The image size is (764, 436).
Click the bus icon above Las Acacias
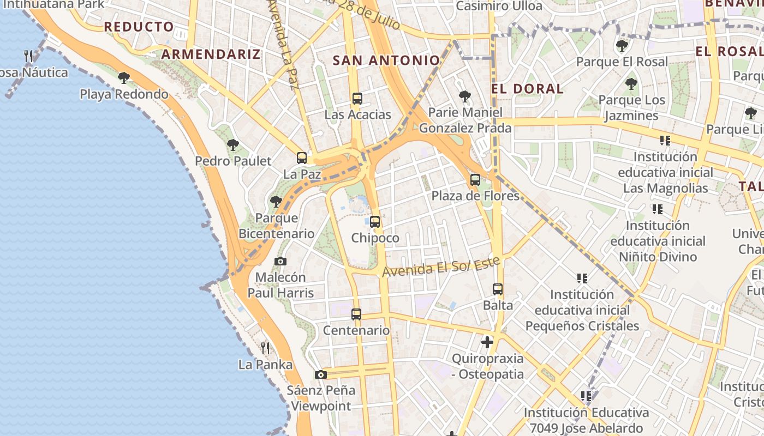coord(357,99)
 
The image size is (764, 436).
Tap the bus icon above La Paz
coord(302,158)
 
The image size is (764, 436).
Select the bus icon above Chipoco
coord(375,222)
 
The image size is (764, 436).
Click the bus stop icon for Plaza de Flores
coord(475,179)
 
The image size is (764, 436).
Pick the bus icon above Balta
coord(498,289)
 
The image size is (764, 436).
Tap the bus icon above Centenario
coord(356,314)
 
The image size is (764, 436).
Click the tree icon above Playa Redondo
coord(124,78)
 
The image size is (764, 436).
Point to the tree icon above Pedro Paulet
coord(233,145)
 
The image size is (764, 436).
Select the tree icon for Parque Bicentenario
coord(276,202)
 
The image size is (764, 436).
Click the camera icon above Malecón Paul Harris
coord(280,261)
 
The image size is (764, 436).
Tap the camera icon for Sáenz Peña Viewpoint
coord(321,374)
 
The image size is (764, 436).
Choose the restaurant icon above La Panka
coord(265,348)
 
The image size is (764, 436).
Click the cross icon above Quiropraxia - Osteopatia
coord(487,342)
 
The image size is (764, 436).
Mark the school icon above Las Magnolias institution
coord(665,141)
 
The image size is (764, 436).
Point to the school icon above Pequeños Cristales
coord(582,278)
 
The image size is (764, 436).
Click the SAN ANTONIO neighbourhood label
coord(386,60)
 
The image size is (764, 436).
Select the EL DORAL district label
coord(527,89)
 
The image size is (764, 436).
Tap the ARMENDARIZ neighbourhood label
coord(211,54)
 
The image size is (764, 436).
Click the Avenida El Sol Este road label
coord(441,267)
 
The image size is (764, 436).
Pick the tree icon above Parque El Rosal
coord(622,46)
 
